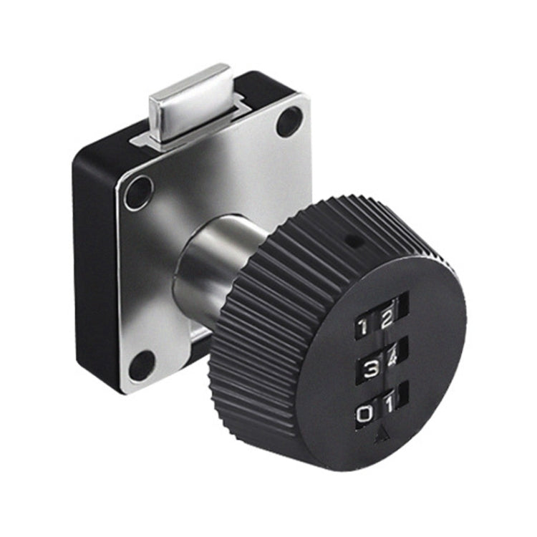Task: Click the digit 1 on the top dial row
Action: pos(364,327)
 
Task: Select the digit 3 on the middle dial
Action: pos(369,369)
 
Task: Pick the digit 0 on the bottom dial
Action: pos(365,414)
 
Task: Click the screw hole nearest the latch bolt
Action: pos(289,121)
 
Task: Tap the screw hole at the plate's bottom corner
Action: pos(141,366)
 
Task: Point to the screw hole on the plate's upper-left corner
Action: pos(138,193)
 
